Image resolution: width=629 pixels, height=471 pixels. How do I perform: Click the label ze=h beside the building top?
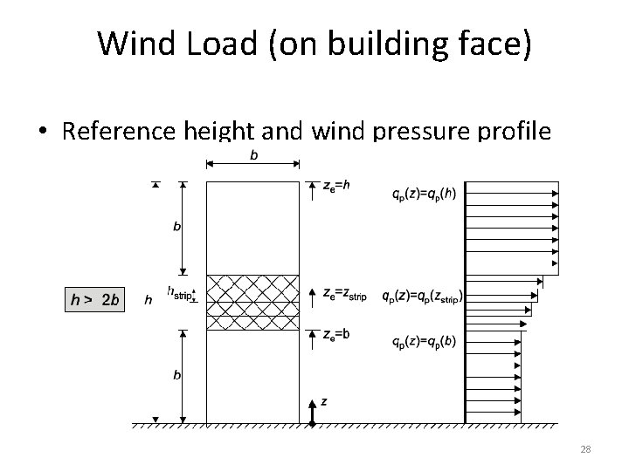[335, 186]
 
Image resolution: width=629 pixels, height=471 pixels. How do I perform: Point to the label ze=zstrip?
[345, 296]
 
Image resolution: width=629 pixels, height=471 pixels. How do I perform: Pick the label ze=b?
[335, 333]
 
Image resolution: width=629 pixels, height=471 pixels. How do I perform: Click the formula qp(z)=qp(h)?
[424, 195]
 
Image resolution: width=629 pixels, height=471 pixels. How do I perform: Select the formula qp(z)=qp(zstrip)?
[422, 296]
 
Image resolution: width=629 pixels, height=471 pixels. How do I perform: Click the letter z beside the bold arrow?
[324, 401]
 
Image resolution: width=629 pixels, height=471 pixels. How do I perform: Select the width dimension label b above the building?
[253, 155]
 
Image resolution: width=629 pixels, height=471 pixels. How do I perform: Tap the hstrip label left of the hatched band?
[179, 293]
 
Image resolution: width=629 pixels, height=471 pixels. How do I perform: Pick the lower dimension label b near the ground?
[177, 376]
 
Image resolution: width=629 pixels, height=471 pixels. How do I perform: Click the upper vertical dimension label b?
[177, 227]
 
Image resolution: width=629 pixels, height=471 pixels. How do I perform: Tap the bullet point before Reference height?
[43, 133]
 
